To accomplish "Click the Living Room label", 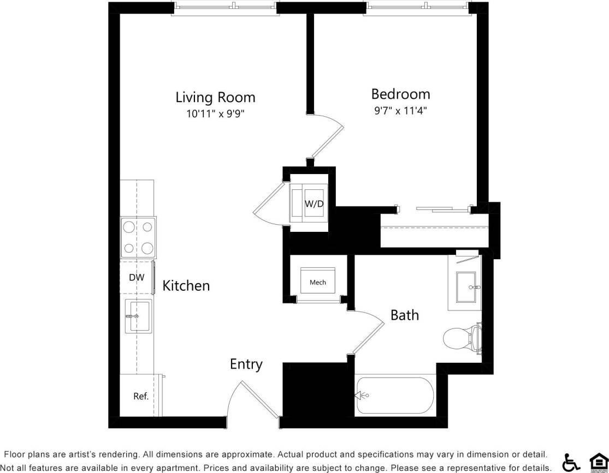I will coord(215,98).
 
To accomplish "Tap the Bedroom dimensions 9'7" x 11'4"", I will coord(400,111).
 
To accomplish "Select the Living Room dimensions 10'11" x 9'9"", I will coord(215,114).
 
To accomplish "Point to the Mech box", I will coord(318,282).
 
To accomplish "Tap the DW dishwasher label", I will coord(137,278).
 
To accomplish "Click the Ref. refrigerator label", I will coord(141,397).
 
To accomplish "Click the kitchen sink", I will coord(139,316).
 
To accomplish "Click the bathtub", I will coord(395,396).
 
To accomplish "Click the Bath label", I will coord(405,315).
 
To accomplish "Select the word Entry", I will coord(246,364).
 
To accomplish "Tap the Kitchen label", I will coord(186,285).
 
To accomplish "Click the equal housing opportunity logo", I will coord(598,462).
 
